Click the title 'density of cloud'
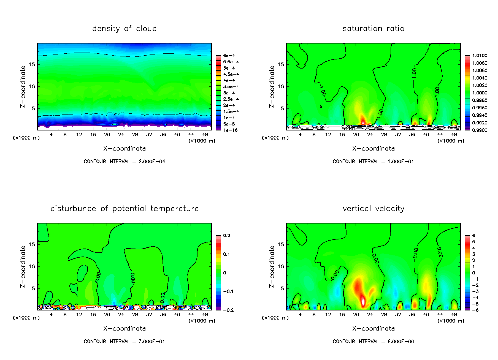pos(124,29)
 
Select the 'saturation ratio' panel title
pos(373,29)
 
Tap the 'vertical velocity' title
pos(373,209)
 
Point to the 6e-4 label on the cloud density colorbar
pos(229,56)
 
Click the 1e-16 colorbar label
pos(230,130)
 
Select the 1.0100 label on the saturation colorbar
pos(480,56)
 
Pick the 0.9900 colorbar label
pos(480,130)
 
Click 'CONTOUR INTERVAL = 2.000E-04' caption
pos(124,162)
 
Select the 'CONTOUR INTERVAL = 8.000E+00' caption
pos(373,342)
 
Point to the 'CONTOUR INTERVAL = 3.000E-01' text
pos(124,342)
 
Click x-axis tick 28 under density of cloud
pos(135,135)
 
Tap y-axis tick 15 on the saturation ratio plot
pos(281,65)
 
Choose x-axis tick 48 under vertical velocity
pos(454,315)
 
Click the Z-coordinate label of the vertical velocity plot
pos(272,266)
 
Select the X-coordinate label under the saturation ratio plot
pos(373,149)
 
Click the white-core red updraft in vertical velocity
pos(363,301)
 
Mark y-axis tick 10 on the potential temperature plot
pos(32,266)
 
